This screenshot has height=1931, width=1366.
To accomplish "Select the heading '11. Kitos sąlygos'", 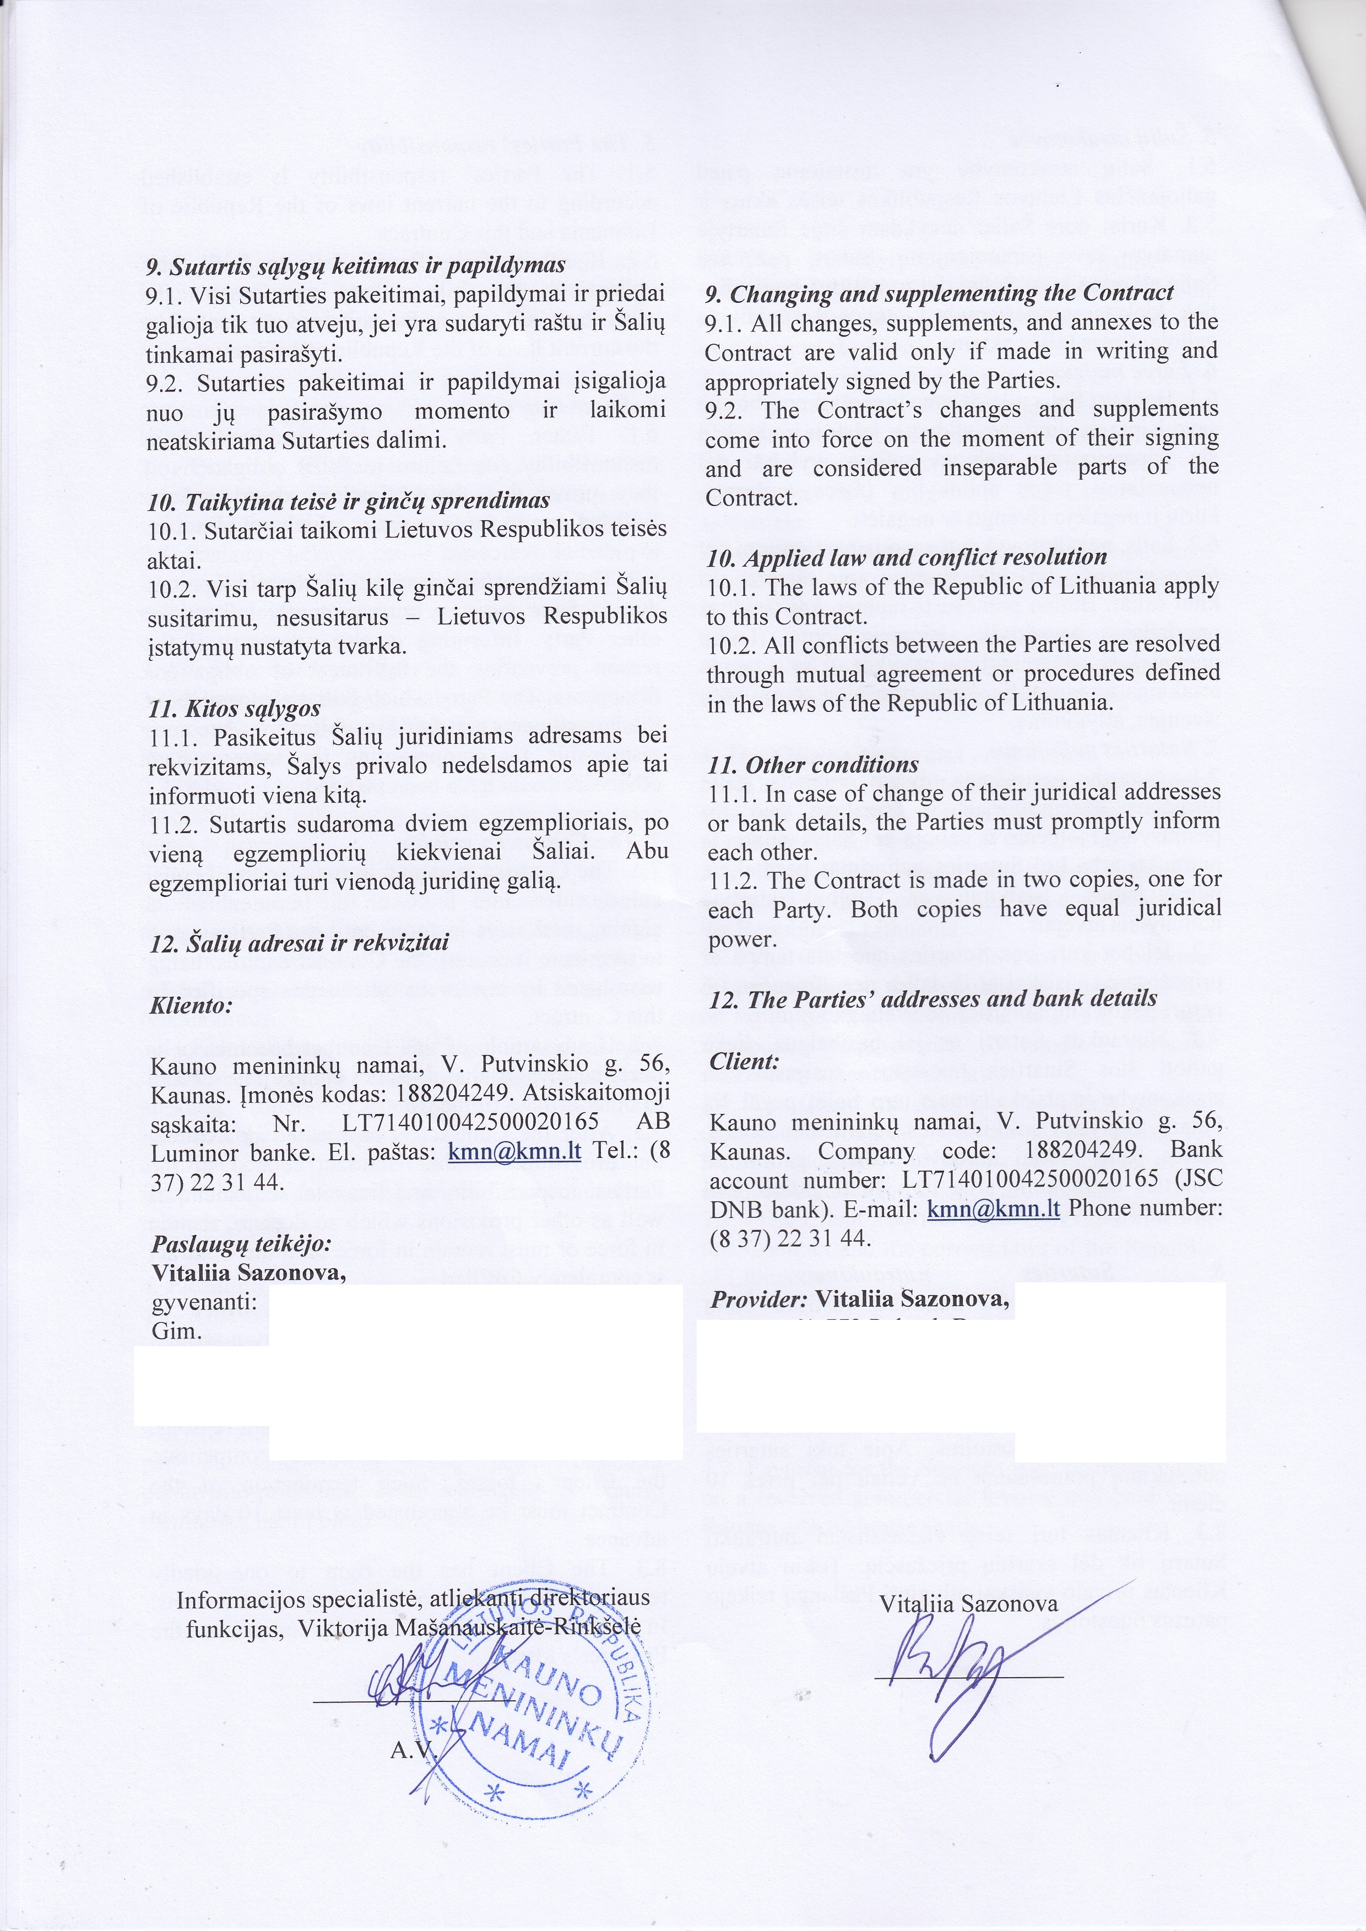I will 235,708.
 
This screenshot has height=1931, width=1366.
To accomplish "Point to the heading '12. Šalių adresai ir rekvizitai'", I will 299,942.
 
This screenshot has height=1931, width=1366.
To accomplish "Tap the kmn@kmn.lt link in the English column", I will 993,1209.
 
